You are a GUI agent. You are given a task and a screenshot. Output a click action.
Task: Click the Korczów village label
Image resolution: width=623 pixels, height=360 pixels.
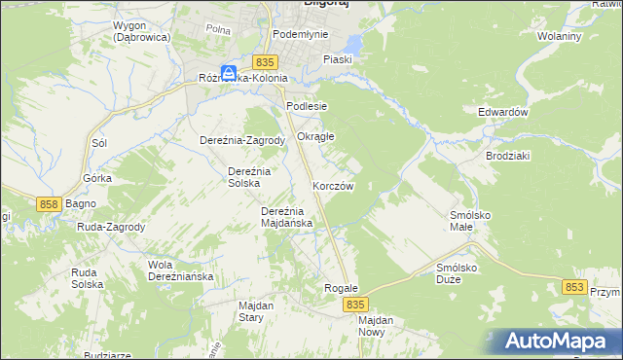(332, 185)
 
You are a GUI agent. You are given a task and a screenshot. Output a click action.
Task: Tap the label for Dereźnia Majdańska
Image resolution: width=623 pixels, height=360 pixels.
(286, 216)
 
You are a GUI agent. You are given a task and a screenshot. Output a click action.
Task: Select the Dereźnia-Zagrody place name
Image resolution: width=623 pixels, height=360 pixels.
(241, 140)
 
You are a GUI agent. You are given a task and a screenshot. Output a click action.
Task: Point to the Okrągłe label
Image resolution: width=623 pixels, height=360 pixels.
(315, 136)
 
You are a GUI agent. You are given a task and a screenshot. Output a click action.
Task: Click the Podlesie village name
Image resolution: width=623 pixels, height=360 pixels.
(306, 106)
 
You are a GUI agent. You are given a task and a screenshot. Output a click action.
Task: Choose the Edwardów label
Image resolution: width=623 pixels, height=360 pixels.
(502, 112)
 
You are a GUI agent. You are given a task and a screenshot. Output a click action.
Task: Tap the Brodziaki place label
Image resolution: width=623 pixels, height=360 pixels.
(508, 156)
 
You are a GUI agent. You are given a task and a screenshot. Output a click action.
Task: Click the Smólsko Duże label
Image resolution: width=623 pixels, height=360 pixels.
(461, 272)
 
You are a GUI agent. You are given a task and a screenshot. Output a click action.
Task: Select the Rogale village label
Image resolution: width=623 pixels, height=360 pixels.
(342, 289)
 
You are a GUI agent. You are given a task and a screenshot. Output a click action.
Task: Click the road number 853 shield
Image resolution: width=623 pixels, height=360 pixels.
(575, 287)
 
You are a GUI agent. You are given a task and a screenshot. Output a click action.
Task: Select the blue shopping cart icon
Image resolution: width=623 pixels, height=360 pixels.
(228, 73)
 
